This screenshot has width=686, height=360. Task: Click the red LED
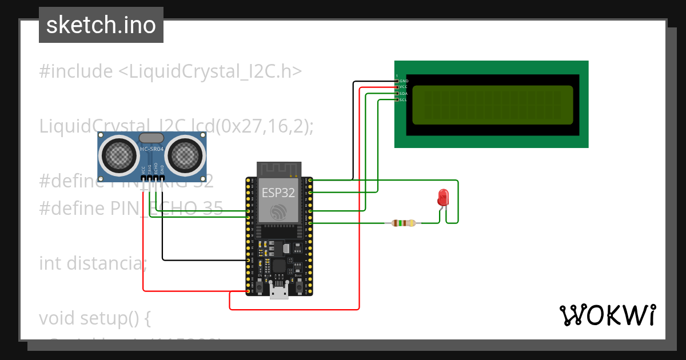443,197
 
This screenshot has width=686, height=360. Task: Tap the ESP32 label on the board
278,193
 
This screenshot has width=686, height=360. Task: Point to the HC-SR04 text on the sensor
151,149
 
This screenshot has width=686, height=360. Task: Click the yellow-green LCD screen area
492,105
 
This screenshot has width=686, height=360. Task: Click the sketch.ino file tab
101,25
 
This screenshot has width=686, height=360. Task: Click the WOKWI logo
607,315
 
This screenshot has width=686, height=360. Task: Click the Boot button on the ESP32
299,284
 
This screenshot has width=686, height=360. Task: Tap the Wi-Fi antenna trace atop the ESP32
278,169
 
